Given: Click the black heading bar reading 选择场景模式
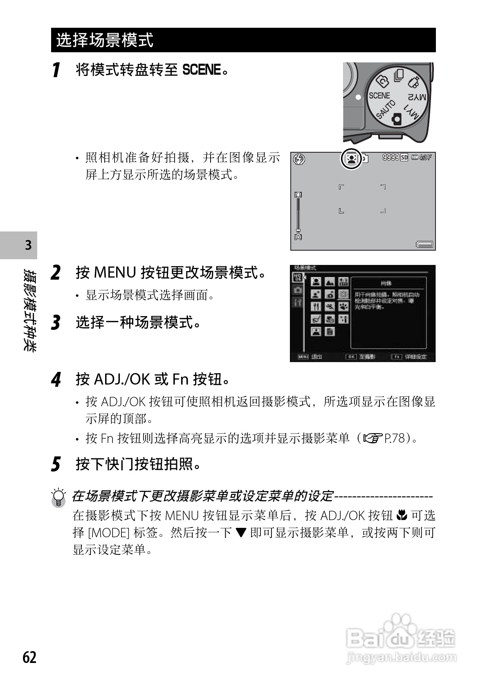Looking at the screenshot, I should [243, 40].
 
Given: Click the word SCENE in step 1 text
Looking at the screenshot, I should [201, 70].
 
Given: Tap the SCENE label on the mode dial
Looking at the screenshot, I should [379, 96].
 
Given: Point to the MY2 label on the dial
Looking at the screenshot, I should [417, 97].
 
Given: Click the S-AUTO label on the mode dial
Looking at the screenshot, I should [386, 109].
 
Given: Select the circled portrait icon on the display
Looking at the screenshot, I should [351, 158].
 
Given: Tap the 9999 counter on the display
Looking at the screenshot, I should [390, 157].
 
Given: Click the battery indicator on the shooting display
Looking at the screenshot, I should [424, 244].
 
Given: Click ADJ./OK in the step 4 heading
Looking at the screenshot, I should [122, 379].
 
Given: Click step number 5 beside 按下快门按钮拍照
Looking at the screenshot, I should [56, 464].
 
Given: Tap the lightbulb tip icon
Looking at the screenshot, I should [59, 497].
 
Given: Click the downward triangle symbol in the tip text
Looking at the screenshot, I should [241, 533].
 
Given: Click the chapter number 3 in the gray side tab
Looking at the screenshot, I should [28, 245].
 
